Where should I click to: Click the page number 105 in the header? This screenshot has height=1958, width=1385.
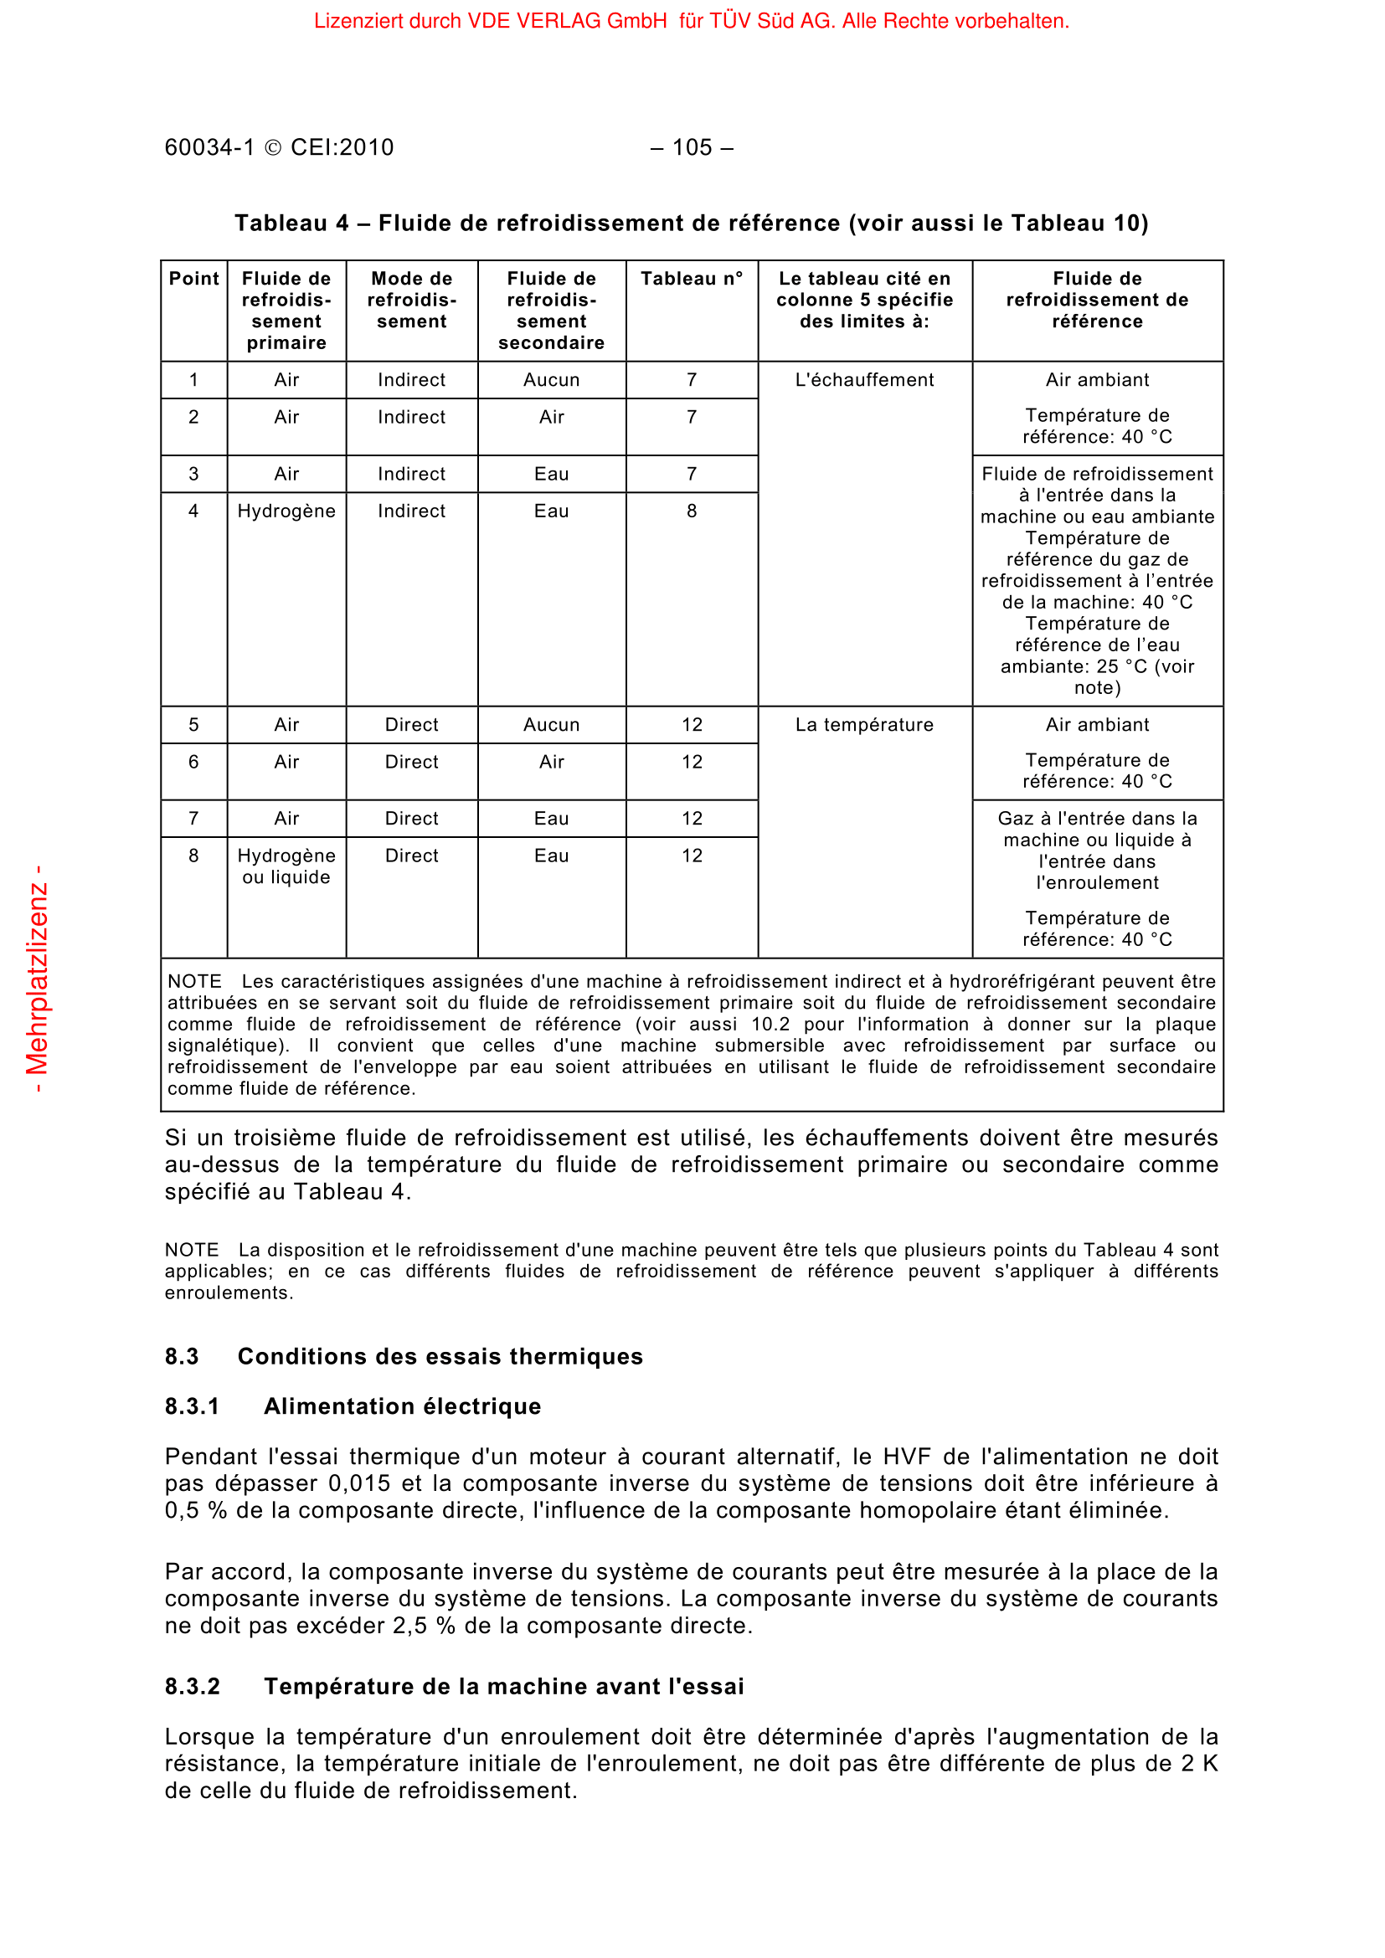point(692,147)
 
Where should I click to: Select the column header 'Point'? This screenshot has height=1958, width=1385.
point(193,279)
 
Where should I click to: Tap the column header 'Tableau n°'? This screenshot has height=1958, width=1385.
point(692,279)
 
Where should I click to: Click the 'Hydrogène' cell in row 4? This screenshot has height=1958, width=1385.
point(286,511)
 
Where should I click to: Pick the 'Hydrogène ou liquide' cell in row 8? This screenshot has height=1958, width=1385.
point(286,866)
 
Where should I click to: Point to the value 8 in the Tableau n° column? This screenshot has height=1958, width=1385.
point(692,511)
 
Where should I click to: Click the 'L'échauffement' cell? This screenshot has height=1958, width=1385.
point(864,379)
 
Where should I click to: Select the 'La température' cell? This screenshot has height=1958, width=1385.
point(864,725)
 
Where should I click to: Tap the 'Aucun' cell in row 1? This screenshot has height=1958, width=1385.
point(552,379)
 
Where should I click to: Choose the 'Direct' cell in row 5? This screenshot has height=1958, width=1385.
point(411,725)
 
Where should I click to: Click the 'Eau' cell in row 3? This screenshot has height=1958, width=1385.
point(552,474)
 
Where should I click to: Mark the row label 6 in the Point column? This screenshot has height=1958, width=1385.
point(193,762)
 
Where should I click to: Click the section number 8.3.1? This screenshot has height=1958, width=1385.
point(192,1406)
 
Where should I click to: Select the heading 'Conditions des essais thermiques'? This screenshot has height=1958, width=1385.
point(440,1357)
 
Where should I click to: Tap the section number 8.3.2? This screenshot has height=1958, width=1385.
point(192,1687)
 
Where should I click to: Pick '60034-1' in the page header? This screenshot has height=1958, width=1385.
point(210,147)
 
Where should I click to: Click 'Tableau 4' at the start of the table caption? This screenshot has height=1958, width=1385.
point(291,224)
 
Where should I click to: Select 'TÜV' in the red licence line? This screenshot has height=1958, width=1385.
point(730,21)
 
